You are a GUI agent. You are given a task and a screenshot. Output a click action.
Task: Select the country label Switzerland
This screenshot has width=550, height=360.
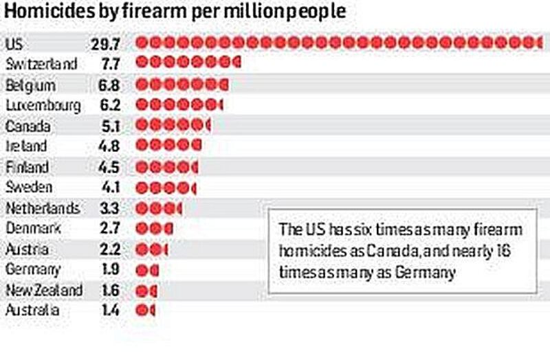click(x=41, y=65)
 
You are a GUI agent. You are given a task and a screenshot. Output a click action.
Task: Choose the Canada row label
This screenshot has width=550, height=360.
click(x=27, y=126)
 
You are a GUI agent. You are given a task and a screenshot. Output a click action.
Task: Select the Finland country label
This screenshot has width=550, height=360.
click(x=27, y=167)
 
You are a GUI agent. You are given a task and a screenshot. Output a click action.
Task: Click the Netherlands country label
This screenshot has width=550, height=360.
click(x=42, y=207)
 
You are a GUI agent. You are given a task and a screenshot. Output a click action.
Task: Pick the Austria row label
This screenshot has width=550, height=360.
click(x=25, y=249)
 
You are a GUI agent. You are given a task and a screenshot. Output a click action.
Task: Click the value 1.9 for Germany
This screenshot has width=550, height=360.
click(x=108, y=269)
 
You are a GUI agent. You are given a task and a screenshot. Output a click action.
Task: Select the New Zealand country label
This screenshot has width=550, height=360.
click(x=44, y=289)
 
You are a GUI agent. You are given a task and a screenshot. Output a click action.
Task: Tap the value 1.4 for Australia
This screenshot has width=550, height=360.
click(x=108, y=310)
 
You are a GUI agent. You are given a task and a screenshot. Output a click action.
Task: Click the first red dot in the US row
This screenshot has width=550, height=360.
click(x=142, y=44)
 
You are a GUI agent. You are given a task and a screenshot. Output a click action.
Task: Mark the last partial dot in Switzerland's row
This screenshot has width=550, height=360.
click(x=237, y=65)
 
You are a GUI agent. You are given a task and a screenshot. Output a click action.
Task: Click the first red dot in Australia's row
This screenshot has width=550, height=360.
click(x=142, y=310)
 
